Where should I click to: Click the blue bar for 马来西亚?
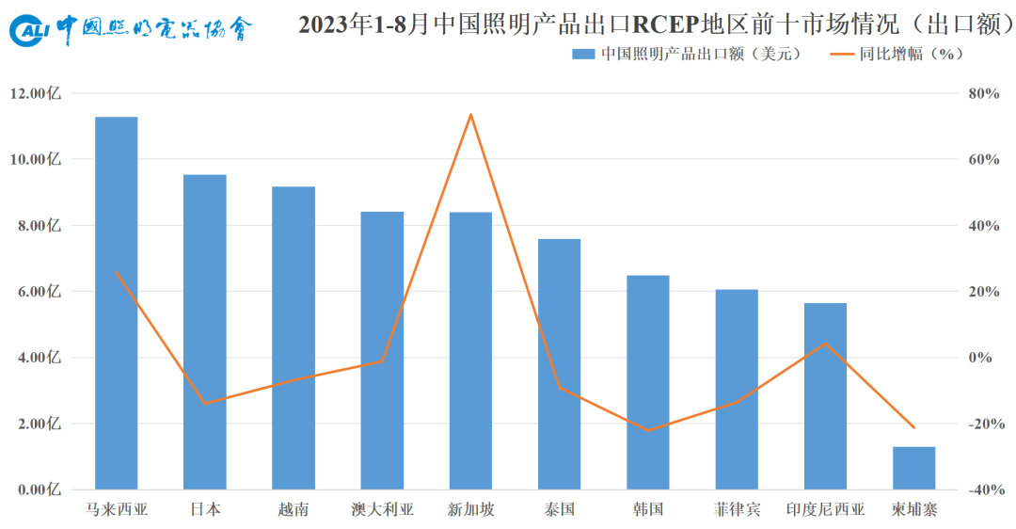116,303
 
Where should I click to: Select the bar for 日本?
205,332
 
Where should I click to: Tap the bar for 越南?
294,338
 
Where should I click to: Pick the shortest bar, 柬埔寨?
913,468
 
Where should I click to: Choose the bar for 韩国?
648,382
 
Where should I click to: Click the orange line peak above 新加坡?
470,115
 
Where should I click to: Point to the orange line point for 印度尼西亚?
825,343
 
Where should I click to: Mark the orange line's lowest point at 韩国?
648,430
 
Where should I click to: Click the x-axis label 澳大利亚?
382,509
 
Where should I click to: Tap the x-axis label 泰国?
559,509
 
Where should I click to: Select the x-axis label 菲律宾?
737,509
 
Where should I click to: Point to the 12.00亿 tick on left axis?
36,93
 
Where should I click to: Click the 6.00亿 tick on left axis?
36,292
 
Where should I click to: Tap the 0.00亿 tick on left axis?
36,489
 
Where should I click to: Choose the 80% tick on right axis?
984,93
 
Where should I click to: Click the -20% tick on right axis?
986,424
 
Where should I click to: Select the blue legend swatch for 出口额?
583,55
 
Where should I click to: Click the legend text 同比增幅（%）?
911,54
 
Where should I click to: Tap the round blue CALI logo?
28,30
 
